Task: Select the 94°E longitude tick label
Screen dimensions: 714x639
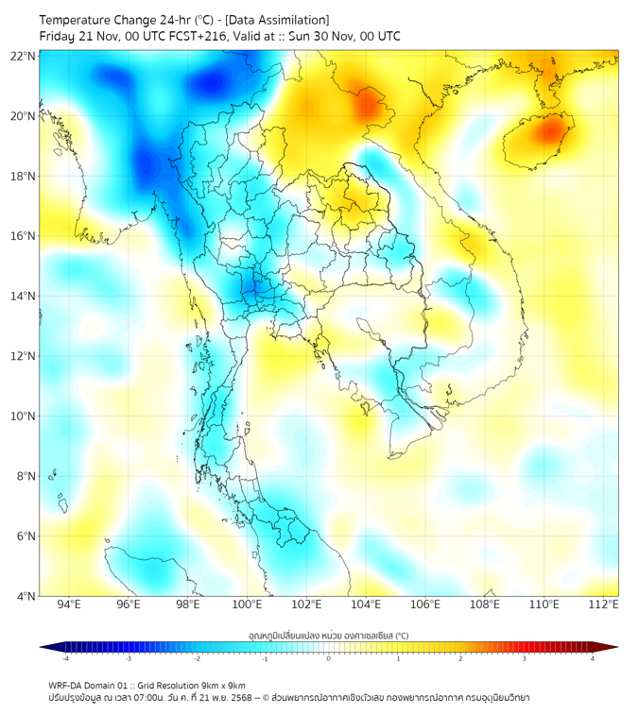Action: click(x=68, y=604)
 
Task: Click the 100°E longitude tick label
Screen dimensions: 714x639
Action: click(x=247, y=604)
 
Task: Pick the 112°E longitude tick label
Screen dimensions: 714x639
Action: click(x=603, y=604)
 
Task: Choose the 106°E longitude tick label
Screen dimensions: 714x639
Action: click(x=425, y=604)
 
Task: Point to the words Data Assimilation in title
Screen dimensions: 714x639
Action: click(x=280, y=20)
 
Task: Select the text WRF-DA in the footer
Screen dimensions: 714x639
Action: click(x=67, y=685)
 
